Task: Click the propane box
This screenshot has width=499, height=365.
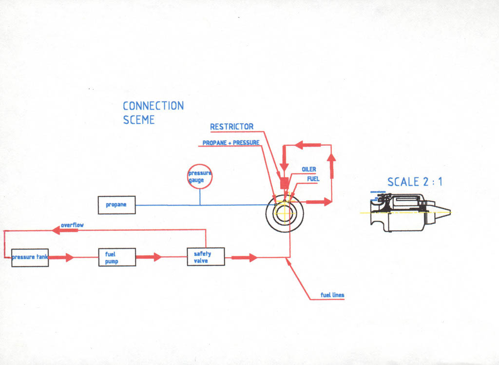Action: point(116,205)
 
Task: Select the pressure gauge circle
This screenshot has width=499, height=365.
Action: point(200,177)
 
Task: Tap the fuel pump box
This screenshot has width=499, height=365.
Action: point(117,257)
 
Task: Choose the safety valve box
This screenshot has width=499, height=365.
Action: point(206,257)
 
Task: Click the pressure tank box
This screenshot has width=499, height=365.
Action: point(30,257)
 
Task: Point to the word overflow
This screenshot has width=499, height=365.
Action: point(72,225)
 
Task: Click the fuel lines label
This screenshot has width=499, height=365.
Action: point(332,295)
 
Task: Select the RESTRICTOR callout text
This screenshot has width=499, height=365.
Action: point(231,127)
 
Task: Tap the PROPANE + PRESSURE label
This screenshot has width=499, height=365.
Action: point(231,143)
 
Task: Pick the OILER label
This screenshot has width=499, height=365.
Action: point(309,170)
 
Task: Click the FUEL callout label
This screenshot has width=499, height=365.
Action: point(313,179)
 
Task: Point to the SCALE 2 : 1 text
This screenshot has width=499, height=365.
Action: point(415,182)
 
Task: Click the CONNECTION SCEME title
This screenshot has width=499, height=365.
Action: point(153,113)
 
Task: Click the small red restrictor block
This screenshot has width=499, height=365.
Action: point(285,183)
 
